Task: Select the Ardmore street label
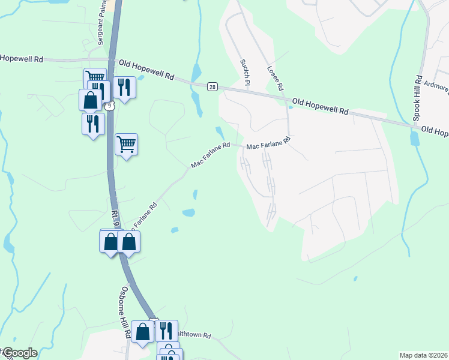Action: click(436, 88)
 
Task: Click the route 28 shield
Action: click(212, 87)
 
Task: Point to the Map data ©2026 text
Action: click(424, 355)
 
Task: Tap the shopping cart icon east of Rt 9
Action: click(126, 143)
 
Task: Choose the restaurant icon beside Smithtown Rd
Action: click(166, 330)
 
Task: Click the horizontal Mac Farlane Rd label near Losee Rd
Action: click(268, 142)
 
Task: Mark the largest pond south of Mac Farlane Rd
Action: click(188, 212)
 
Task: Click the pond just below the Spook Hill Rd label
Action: click(414, 139)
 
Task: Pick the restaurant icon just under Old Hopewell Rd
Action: click(124, 87)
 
